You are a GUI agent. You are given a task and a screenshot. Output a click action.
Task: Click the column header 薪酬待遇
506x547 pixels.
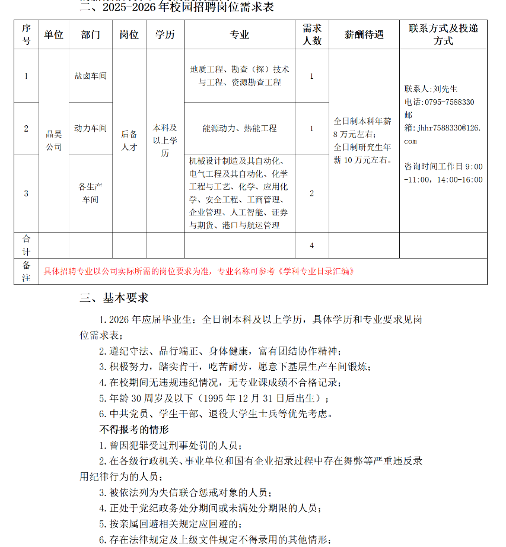pos(364,35)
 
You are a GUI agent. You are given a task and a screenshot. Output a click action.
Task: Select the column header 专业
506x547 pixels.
pos(240,35)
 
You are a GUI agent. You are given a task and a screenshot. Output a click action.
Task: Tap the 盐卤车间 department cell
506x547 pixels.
pos(90,76)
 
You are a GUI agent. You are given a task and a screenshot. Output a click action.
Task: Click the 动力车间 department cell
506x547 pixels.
pos(90,128)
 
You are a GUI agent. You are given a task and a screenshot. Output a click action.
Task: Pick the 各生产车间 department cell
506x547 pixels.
pos(90,193)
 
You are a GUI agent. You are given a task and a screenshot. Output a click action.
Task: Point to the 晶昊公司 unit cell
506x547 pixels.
pos(53,141)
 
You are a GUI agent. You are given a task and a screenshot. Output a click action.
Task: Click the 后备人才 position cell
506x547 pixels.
pos(129,141)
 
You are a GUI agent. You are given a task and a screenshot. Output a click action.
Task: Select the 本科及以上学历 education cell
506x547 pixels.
pos(165,141)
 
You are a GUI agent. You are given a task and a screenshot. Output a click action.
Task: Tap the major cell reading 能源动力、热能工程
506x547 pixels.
pos(240,128)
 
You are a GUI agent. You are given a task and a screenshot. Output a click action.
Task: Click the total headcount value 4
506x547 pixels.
pos(311,246)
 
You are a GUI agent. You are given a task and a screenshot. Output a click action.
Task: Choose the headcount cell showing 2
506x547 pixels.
pos(311,193)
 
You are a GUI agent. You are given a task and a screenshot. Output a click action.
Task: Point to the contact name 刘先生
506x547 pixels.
pos(445,89)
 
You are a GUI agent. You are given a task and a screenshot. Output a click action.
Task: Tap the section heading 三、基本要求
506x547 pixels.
pos(114,298)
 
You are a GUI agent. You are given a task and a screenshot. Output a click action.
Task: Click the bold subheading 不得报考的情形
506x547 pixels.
pos(133,429)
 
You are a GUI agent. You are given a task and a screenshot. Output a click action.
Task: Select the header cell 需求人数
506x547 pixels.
pos(311,35)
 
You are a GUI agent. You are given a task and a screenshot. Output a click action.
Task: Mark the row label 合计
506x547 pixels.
pos(26,246)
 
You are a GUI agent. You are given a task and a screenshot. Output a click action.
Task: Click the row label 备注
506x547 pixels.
pos(26,272)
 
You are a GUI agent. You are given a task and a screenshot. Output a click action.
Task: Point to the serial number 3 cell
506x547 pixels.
pos(26,193)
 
